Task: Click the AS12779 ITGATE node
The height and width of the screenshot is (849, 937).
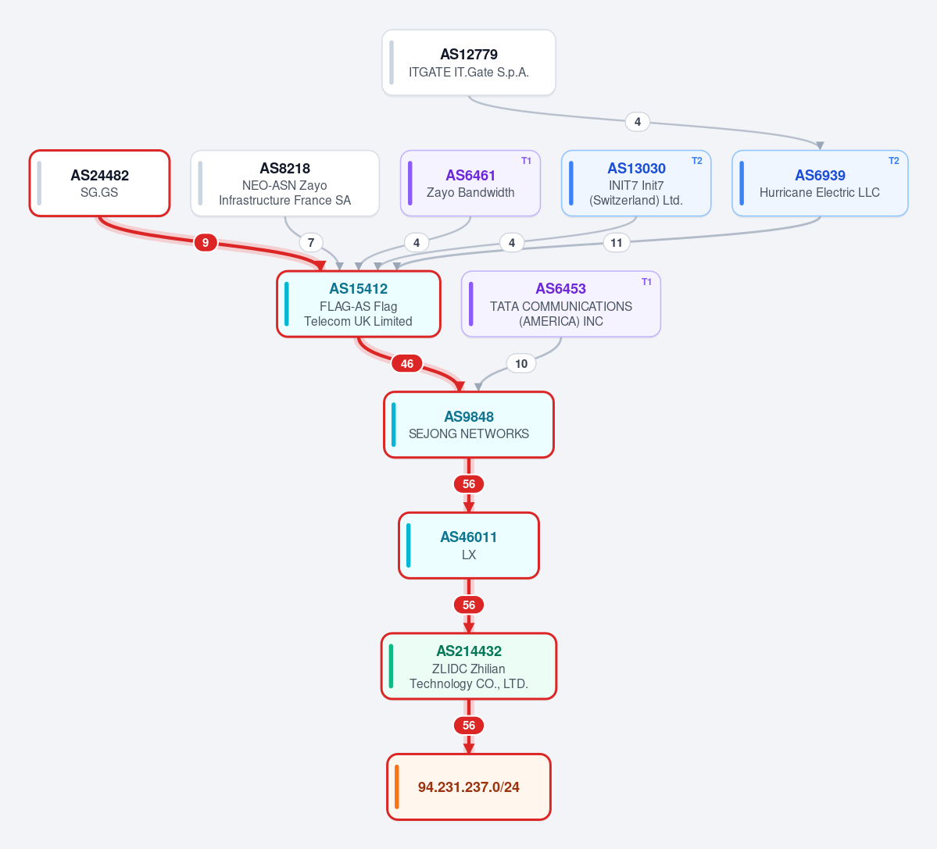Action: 469,62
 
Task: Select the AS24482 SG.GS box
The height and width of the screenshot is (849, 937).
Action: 100,184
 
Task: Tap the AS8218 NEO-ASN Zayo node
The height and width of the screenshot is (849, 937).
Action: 285,184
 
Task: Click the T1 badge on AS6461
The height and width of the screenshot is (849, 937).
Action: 526,161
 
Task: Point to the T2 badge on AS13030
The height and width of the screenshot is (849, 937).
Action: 697,161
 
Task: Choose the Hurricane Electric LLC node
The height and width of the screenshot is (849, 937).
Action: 820,184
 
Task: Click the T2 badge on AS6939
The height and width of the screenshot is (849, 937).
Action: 893,161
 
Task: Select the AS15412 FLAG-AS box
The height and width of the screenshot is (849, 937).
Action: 359,304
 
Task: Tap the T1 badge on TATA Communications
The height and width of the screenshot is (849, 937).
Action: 646,282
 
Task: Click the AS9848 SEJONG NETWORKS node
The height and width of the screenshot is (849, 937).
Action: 469,425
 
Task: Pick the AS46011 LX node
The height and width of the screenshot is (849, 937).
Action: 469,546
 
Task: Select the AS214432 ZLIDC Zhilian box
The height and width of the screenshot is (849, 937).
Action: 469,666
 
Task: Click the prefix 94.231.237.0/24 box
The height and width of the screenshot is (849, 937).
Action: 469,787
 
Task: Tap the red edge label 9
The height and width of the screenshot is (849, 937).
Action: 206,242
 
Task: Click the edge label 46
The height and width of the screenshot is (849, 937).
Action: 407,364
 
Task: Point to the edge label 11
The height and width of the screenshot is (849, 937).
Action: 617,243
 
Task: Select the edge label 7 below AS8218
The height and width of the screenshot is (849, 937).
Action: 311,243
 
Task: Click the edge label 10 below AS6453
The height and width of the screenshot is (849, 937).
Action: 521,364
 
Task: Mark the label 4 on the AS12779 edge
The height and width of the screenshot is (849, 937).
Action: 638,122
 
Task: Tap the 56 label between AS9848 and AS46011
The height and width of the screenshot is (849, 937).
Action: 469,484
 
